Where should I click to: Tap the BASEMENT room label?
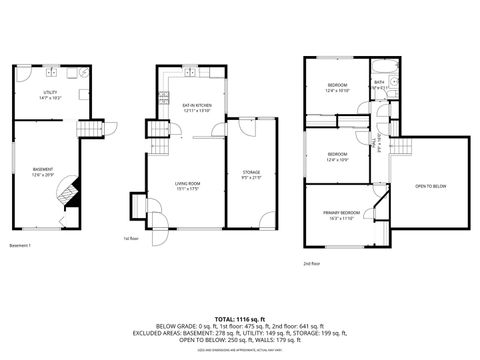[43, 171]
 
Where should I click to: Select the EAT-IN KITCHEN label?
[196, 106]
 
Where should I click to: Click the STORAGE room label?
[251, 174]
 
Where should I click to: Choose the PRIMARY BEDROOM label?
[341, 214]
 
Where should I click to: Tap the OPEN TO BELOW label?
[430, 186]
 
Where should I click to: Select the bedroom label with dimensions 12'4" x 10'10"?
[337, 87]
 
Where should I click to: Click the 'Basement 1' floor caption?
[21, 245]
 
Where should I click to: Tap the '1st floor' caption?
[130, 239]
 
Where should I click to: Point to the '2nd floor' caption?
[312, 264]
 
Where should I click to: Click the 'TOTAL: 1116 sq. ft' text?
[239, 316]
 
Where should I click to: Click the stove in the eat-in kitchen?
[164, 97]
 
